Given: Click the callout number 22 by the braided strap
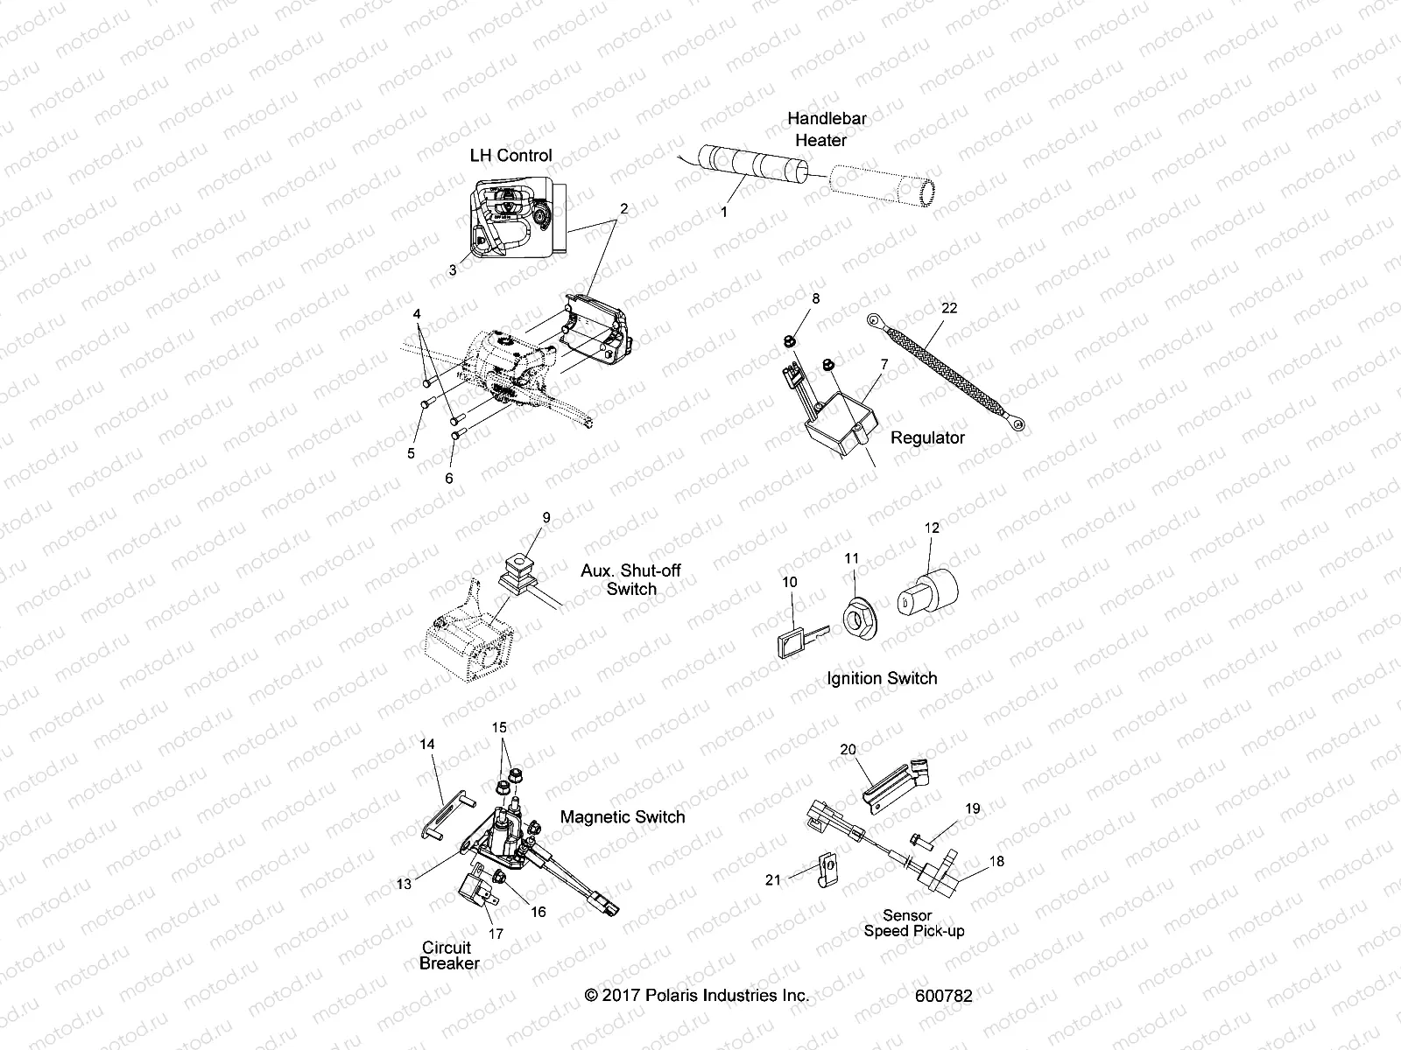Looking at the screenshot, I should (949, 308).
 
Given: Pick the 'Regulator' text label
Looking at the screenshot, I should (927, 437).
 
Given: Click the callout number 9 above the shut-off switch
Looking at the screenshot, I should (546, 517).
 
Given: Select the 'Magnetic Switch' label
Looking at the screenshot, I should (622, 816).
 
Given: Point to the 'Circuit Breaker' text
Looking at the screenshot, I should (447, 955).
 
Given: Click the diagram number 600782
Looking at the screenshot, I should (943, 996).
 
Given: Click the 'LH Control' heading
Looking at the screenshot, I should (510, 155).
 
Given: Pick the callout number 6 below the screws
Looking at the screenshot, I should (449, 478).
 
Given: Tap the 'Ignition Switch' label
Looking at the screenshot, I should (881, 678).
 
